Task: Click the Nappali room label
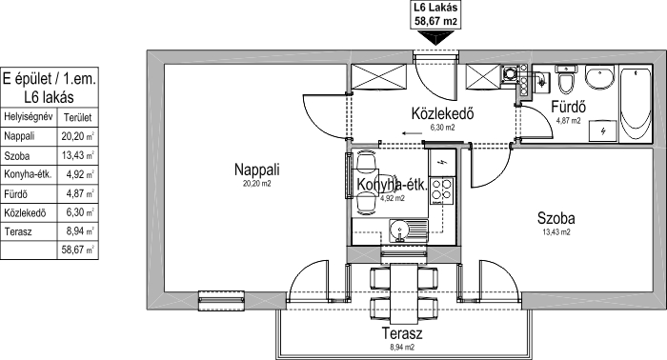pyautogui.click(x=257, y=170)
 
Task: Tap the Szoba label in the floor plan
pyautogui.click(x=556, y=218)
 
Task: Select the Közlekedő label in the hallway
pyautogui.click(x=442, y=114)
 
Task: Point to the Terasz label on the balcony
pyautogui.click(x=402, y=333)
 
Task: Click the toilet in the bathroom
pyautogui.click(x=566, y=79)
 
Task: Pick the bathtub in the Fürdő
pyautogui.click(x=636, y=103)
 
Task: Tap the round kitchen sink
pyautogui.click(x=400, y=231)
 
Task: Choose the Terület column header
pyautogui.click(x=77, y=117)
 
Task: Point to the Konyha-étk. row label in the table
pyautogui.click(x=28, y=174)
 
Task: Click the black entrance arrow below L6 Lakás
pyautogui.click(x=435, y=39)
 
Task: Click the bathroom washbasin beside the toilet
pyautogui.click(x=599, y=76)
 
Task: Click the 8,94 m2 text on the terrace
pyautogui.click(x=402, y=348)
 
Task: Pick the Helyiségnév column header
pyautogui.click(x=28, y=117)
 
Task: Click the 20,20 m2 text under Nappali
pyautogui.click(x=256, y=184)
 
